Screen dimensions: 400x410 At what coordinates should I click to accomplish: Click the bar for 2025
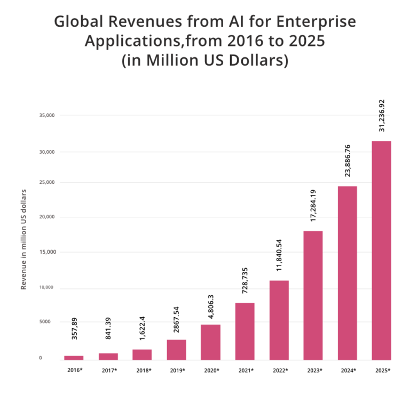coord(381,250)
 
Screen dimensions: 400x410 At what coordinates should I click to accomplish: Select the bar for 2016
coord(74,358)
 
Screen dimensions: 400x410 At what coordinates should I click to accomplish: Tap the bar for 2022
coord(279,320)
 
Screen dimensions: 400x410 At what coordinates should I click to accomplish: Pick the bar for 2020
coord(210,342)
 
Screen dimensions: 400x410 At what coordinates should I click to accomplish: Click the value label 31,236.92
coord(382,115)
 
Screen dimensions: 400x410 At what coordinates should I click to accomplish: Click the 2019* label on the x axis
coord(177,370)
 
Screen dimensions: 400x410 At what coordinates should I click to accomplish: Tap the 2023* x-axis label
coord(313,370)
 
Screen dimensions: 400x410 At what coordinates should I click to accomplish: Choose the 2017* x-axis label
coord(108,370)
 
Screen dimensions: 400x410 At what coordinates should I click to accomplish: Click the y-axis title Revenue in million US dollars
coord(23,239)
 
